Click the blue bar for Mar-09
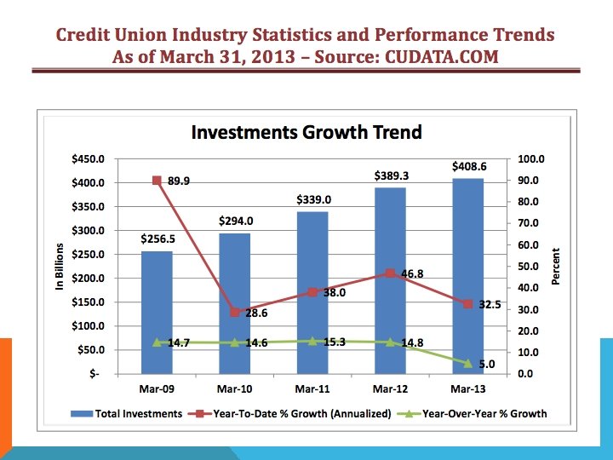[x=157, y=313]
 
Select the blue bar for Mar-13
[x=468, y=276]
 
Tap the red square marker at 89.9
[x=157, y=181]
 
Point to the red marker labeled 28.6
[x=235, y=312]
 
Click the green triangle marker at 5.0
[x=468, y=364]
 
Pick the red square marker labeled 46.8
[x=390, y=273]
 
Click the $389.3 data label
[x=392, y=175]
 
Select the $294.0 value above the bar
[x=236, y=221]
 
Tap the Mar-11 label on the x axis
[x=312, y=389]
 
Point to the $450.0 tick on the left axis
[x=88, y=159]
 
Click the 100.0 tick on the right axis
[x=531, y=159]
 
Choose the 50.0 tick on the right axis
[x=528, y=267]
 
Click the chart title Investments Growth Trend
[x=306, y=132]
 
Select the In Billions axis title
[x=60, y=267]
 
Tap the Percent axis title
[x=555, y=267]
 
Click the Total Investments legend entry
[x=127, y=413]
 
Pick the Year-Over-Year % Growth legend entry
[x=472, y=413]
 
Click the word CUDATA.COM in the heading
[x=442, y=57]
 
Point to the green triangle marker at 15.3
[x=312, y=342]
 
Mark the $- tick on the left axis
[x=95, y=374]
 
